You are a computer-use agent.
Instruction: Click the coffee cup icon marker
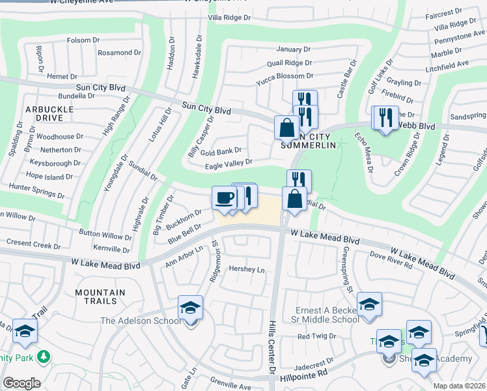[225, 198]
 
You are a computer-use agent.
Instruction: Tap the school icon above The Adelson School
[191, 307]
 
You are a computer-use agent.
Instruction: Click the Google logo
[21, 383]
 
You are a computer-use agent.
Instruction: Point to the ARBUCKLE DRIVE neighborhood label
[45, 113]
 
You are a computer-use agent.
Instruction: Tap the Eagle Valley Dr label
[229, 163]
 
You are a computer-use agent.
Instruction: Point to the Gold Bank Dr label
[221, 151]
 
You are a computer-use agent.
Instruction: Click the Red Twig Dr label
[316, 336]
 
